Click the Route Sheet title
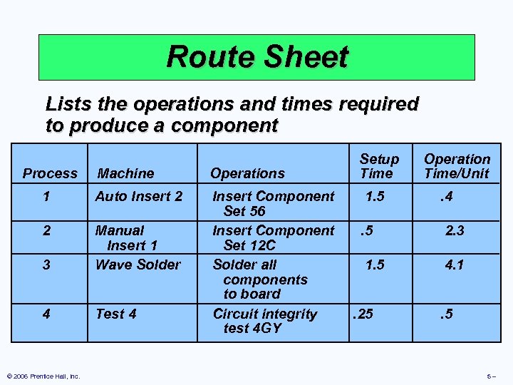(256, 57)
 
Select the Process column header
(50, 173)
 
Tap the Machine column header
(125, 173)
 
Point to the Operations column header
(247, 173)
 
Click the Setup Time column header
(378, 166)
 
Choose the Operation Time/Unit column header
(457, 166)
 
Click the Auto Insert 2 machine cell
(139, 196)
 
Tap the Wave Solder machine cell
(138, 265)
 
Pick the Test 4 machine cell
(116, 314)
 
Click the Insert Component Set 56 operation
(273, 203)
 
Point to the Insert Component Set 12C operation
(273, 237)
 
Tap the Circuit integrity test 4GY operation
(264, 321)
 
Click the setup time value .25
(363, 314)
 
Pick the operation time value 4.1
(454, 265)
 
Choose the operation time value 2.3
(455, 230)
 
